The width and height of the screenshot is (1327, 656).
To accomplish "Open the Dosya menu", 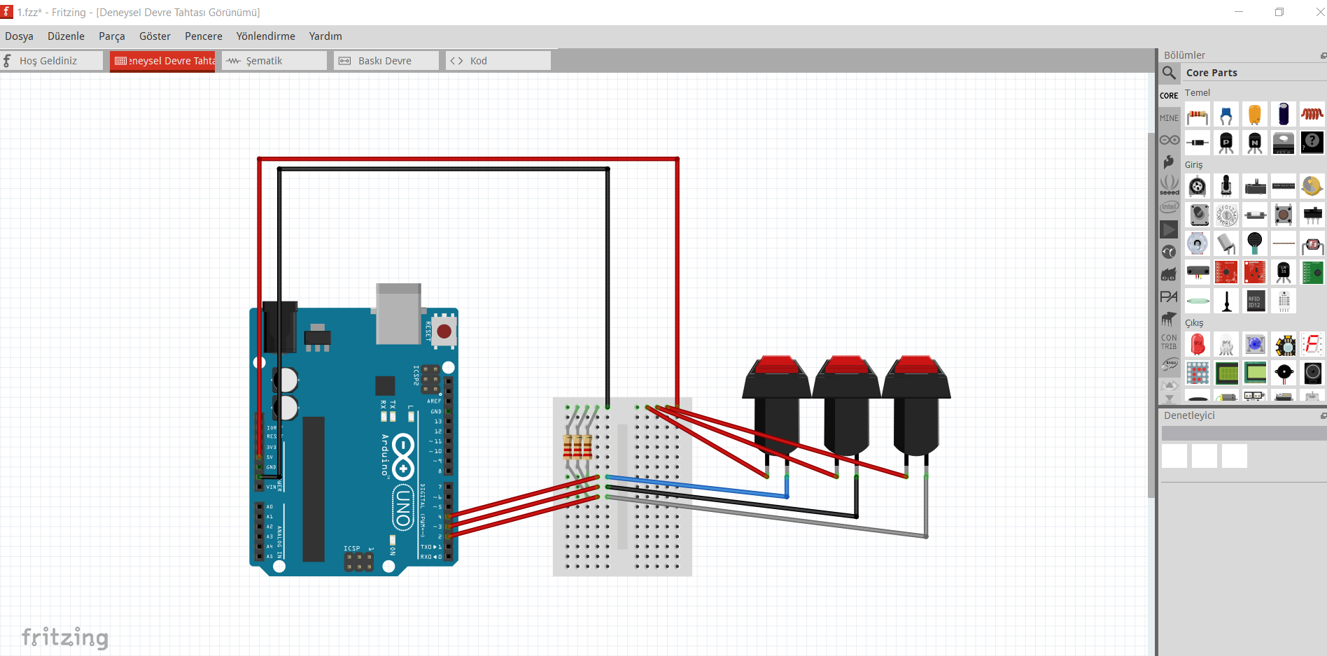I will click(x=19, y=36).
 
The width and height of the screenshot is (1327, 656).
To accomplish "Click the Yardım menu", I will click(x=325, y=36).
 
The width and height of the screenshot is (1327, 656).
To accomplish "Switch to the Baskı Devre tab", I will click(x=384, y=61).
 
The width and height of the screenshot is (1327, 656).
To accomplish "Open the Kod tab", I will click(x=478, y=61).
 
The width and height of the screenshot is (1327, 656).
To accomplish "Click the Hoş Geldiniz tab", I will click(x=48, y=61).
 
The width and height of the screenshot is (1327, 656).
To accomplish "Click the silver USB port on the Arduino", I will click(x=398, y=313).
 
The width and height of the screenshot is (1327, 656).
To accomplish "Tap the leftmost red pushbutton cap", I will click(x=776, y=365).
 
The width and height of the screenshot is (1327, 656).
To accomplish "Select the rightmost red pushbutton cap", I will click(x=916, y=365).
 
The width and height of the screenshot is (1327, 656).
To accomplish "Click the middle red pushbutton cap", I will click(x=846, y=365).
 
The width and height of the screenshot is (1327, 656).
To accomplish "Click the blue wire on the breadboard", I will click(x=700, y=487).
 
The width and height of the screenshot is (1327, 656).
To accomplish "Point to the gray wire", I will click(x=770, y=518).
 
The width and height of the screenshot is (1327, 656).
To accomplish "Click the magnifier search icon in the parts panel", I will click(x=1169, y=73).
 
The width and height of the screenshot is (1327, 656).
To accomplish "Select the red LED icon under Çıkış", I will click(x=1198, y=345).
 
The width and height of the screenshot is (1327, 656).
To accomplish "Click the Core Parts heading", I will click(x=1212, y=73).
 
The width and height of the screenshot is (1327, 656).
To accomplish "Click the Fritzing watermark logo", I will click(x=65, y=637).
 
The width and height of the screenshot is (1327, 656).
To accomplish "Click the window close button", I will click(x=1319, y=12).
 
